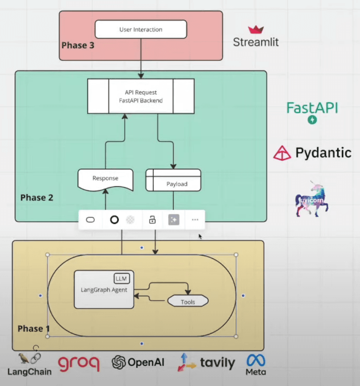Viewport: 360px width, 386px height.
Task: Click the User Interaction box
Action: [x=141, y=29]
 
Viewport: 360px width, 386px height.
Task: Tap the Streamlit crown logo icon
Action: [x=256, y=29]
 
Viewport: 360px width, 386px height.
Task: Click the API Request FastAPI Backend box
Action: [x=141, y=96]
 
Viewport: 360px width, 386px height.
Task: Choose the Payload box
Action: [x=173, y=180]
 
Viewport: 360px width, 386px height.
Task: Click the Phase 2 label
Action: [x=37, y=198]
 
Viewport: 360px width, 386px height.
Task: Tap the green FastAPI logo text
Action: [x=312, y=108]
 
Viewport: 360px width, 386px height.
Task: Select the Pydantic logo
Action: [x=312, y=153]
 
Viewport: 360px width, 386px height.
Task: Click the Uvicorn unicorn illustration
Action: [x=312, y=199]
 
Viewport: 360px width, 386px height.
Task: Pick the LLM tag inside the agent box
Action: [x=122, y=279]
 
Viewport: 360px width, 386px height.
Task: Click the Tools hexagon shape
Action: [x=188, y=301]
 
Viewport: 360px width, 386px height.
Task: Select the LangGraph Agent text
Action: [x=104, y=290]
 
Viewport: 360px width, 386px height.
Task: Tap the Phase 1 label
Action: [x=33, y=329]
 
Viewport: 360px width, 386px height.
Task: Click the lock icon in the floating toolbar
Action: [x=152, y=220]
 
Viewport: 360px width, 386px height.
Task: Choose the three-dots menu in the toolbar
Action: [x=195, y=220]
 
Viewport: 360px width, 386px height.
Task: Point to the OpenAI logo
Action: [x=138, y=362]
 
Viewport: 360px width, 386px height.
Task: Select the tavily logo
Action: [x=206, y=363]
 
